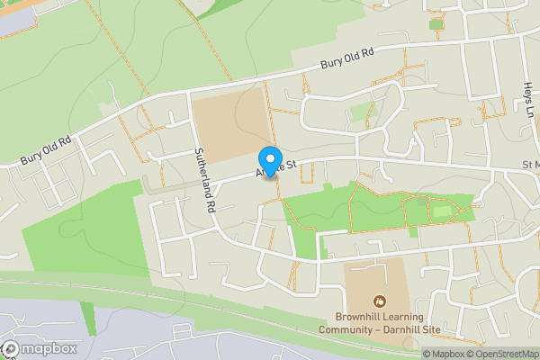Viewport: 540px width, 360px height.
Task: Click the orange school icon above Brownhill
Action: click(x=380, y=300)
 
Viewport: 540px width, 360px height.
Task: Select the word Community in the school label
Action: click(x=346, y=329)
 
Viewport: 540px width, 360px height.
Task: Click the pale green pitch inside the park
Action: click(x=441, y=212)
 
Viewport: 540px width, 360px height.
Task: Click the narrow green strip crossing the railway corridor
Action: click(x=87, y=316)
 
